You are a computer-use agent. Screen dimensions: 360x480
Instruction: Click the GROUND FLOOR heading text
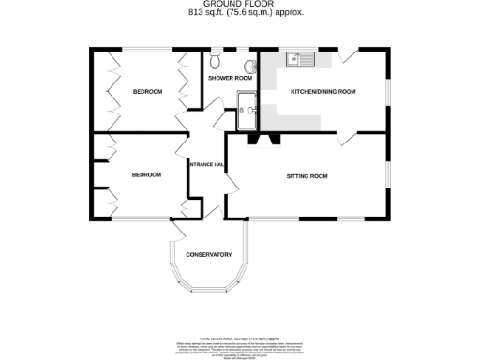239,5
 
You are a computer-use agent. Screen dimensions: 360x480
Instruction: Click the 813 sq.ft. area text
239,13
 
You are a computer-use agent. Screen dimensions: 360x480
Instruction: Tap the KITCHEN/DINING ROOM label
323,91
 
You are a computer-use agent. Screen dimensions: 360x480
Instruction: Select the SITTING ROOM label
307,175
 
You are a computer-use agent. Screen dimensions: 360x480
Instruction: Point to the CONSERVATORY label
208,255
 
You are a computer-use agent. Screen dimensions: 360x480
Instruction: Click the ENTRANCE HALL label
206,165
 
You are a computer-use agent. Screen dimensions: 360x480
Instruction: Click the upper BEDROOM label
147,91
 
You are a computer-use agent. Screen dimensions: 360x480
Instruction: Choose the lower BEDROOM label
146,174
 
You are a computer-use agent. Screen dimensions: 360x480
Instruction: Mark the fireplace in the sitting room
260,140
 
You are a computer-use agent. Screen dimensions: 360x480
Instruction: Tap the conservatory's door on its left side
177,232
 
